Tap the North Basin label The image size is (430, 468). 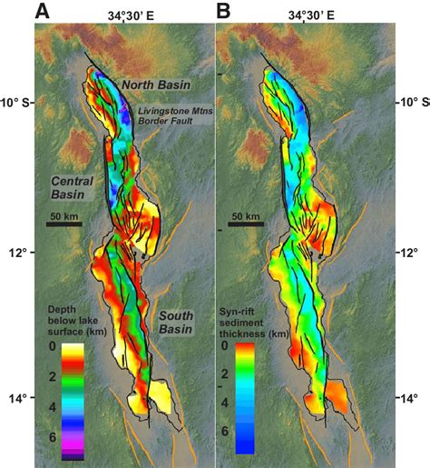pos(158,85)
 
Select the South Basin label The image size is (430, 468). pos(179,322)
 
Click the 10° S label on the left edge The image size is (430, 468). pos(17,102)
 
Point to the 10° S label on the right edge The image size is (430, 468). pos(409,102)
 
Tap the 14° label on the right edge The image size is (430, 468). pos(409,398)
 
